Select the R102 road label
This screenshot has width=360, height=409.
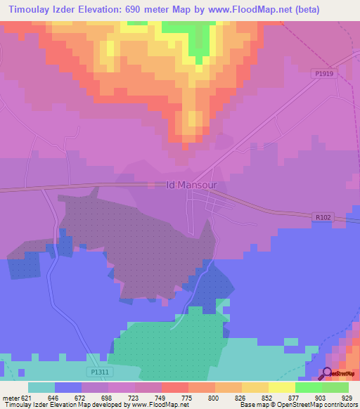322,219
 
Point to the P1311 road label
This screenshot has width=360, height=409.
100,371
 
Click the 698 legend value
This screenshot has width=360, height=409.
107,398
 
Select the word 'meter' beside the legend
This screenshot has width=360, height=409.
10,398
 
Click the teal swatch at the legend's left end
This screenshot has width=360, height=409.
41,387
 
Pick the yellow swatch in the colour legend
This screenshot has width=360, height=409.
255,387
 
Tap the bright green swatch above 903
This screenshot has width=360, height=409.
309,387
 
